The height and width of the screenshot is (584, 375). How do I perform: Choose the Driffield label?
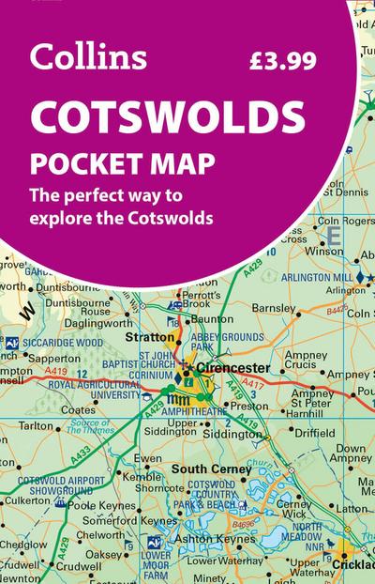(x=316, y=435)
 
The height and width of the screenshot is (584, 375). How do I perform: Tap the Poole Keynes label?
(x=97, y=504)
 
